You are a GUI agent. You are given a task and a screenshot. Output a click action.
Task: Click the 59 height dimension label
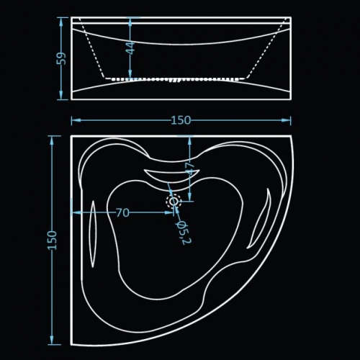(62, 58)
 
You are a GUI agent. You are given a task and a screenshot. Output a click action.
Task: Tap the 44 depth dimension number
(131, 48)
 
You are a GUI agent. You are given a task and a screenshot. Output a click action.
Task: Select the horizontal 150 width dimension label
(181, 120)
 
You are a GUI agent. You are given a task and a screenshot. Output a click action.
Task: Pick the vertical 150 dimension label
(52, 240)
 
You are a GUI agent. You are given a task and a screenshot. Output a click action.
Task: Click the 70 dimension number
(122, 212)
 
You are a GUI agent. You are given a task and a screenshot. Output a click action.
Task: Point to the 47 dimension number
(189, 169)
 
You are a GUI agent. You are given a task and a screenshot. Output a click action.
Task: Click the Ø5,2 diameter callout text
(184, 233)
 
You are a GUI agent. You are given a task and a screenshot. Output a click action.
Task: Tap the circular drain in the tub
(174, 201)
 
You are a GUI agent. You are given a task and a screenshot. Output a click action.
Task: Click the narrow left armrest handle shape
(93, 233)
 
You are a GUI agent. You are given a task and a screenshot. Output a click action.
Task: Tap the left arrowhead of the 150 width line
(76, 120)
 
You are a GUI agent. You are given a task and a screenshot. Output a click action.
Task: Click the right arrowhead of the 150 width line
(287, 120)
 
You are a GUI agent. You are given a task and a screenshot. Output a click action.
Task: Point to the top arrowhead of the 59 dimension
(61, 22)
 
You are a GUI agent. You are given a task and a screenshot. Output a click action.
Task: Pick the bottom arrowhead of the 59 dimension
(61, 95)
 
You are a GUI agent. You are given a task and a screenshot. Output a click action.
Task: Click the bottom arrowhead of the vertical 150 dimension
(51, 340)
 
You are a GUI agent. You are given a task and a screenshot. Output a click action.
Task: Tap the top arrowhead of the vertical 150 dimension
(51, 140)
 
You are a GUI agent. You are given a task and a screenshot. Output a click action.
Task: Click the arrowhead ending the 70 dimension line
(169, 212)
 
